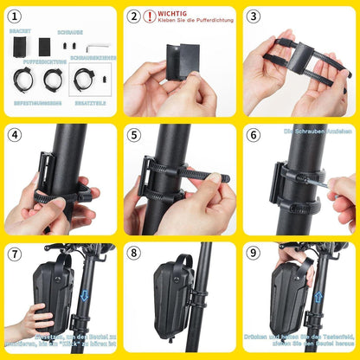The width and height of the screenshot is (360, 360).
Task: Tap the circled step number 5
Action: tap(133, 136)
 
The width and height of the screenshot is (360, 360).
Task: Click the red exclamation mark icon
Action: tap(150, 16)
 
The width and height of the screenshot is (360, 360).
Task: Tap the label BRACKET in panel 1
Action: tap(20, 30)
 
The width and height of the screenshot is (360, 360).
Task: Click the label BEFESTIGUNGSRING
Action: tap(32, 101)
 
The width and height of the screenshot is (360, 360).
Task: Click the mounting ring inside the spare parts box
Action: tap(85, 80)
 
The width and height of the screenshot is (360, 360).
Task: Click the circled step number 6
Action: tap(253, 136)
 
